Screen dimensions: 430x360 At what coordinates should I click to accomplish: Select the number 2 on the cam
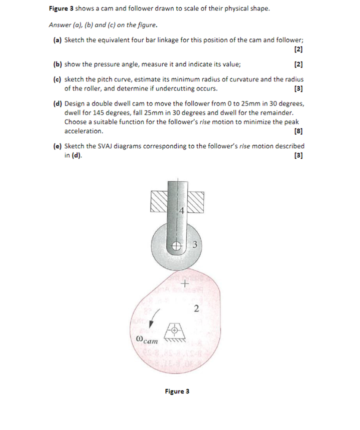pos(196,309)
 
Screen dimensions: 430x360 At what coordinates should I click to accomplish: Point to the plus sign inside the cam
pos(185,284)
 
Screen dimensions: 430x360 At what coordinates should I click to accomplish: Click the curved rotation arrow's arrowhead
pos(152,324)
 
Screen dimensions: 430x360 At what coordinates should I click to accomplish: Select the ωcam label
pos(147,340)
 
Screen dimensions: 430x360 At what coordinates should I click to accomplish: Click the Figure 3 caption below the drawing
pos(177,391)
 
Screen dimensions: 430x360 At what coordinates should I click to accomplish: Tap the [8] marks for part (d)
pos(298,131)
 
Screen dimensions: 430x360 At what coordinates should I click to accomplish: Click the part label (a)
pos(58,40)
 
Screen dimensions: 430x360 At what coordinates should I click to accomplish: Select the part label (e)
pos(58,146)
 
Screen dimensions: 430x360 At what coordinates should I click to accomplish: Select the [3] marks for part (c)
pos(298,89)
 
